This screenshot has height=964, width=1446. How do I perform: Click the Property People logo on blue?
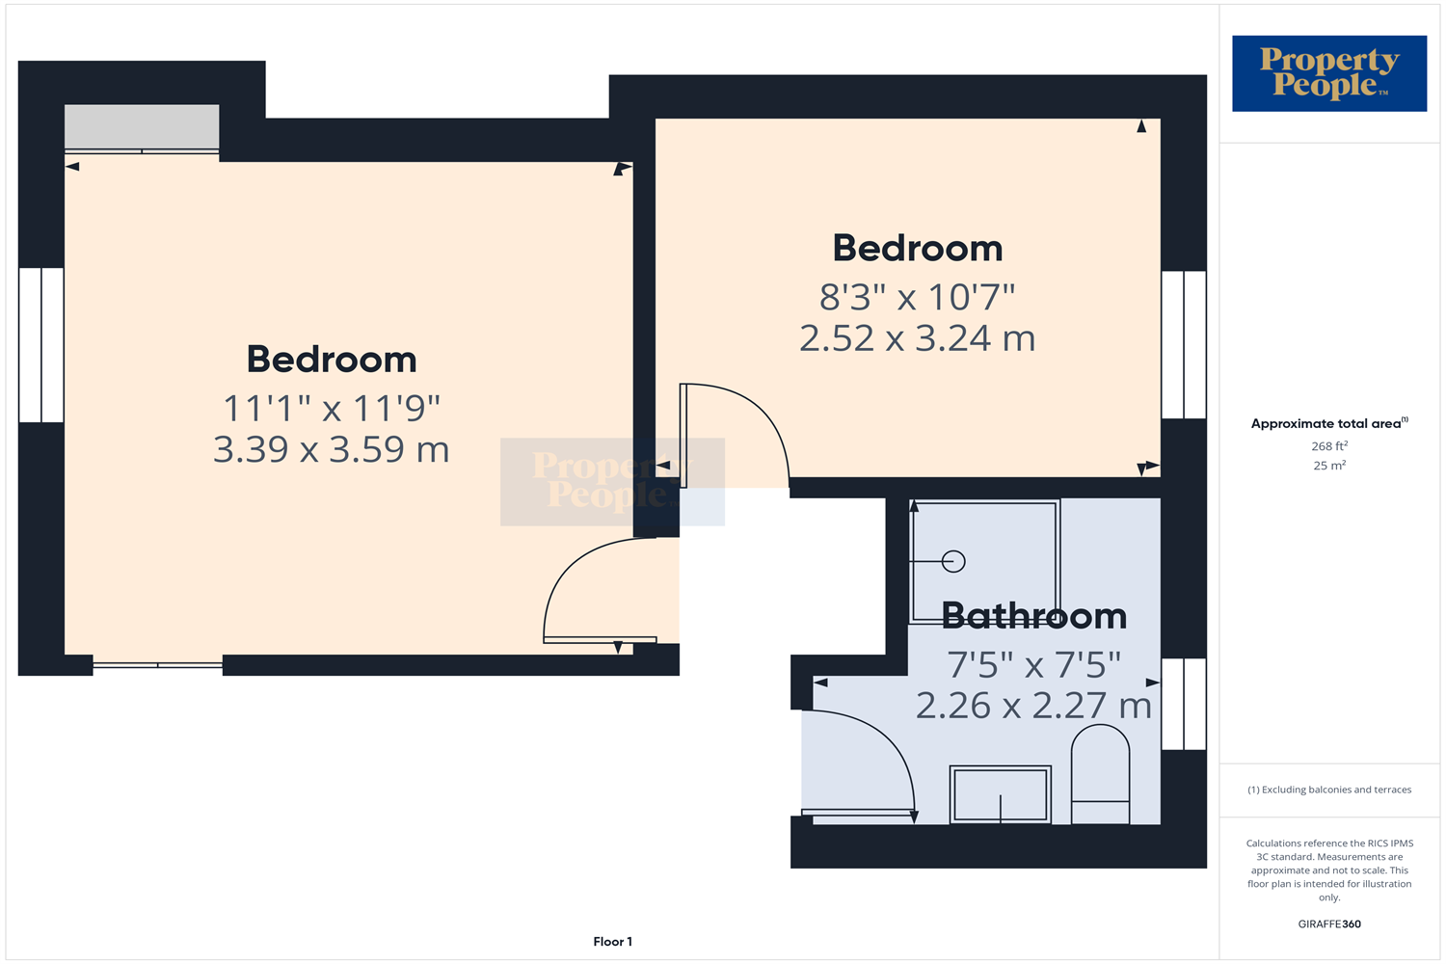coord(1328,73)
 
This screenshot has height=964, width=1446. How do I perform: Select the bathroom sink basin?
coord(1000,794)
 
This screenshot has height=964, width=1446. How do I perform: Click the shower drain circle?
coord(953,561)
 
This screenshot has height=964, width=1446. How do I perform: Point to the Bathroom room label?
coord(1033,616)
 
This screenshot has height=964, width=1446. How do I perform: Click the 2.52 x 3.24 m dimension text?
coord(917,338)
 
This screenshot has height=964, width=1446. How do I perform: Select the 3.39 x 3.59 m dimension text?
coord(331,449)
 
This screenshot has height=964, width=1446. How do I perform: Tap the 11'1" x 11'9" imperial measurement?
coord(331,409)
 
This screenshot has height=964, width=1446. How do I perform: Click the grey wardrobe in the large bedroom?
coord(142,126)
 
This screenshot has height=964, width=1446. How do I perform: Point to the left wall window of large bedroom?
coord(41,345)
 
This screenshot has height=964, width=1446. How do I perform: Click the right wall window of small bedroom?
coord(1183,344)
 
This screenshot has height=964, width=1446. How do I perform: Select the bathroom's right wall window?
coord(1183,704)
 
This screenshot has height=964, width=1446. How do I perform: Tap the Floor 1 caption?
coord(612,942)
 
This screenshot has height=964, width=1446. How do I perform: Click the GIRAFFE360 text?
coord(1329,924)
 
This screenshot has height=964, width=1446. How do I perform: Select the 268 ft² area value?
coord(1328,446)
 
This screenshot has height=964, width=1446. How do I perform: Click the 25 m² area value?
coord(1328,466)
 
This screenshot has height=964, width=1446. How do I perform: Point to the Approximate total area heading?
coord(1328,423)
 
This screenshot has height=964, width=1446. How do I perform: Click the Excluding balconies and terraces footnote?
coord(1328,790)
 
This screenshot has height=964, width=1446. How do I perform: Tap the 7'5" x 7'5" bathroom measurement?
coord(1033,665)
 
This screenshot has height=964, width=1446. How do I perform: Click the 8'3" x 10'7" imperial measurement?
coord(917,297)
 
